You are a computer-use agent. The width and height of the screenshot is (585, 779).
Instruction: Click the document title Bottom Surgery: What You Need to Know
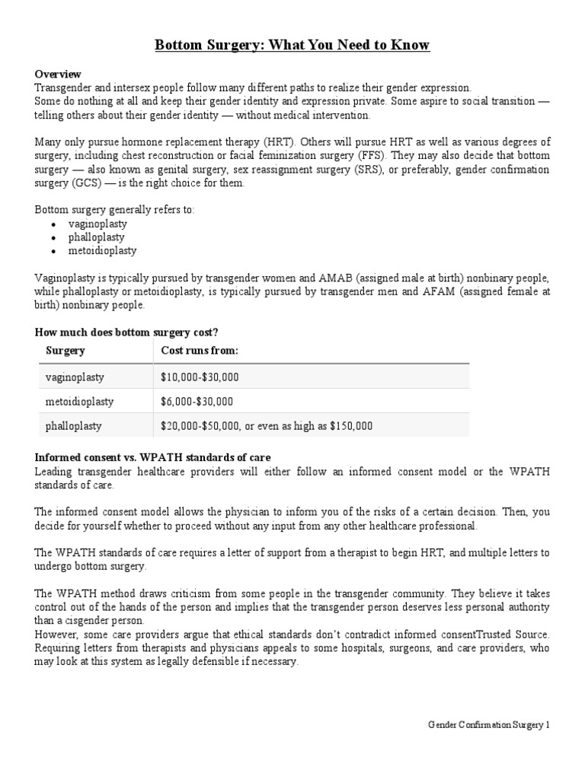tap(292, 46)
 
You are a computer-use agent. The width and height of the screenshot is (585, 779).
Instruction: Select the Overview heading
tap(58, 74)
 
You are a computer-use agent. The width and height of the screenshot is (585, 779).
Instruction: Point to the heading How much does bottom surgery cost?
tap(127, 332)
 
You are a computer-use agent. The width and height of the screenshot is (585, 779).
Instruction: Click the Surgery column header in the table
tap(66, 351)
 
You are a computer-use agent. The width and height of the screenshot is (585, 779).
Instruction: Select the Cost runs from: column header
tap(200, 351)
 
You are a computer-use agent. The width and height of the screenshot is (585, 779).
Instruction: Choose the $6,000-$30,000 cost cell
tap(195, 401)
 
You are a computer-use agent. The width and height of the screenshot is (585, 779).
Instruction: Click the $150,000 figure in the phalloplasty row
tap(351, 426)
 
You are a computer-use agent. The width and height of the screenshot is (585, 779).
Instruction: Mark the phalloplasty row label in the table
tap(74, 426)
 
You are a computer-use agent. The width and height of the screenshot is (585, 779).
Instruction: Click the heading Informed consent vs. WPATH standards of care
tap(153, 457)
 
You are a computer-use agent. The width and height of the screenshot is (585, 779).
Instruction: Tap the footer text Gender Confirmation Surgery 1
tap(487, 725)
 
